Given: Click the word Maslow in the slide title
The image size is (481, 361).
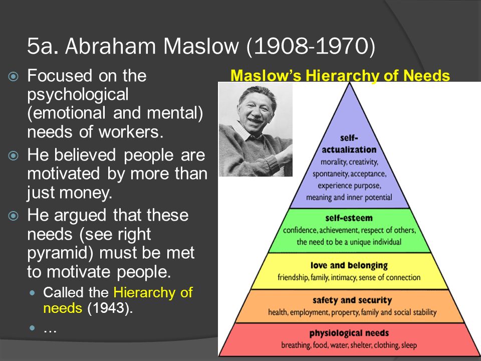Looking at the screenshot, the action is pyautogui.click(x=201, y=46).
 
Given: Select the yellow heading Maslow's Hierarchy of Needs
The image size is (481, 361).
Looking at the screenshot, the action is pyautogui.click(x=340, y=76).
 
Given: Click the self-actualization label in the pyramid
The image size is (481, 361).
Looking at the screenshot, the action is pyautogui.click(x=349, y=144).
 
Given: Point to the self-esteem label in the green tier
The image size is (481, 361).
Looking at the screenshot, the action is pyautogui.click(x=349, y=218).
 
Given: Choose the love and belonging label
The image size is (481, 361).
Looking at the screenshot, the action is pyautogui.click(x=349, y=265).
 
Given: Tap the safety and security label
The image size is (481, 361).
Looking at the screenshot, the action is pyautogui.click(x=352, y=300).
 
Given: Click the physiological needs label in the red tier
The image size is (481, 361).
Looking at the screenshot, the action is pyautogui.click(x=349, y=333).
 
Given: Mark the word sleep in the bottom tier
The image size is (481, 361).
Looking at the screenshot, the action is pyautogui.click(x=409, y=345).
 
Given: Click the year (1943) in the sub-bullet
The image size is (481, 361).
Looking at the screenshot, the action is pyautogui.click(x=110, y=308).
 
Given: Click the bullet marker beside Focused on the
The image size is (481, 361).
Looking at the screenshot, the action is pyautogui.click(x=13, y=76).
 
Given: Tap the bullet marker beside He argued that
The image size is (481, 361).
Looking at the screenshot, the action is pyautogui.click(x=13, y=216).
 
